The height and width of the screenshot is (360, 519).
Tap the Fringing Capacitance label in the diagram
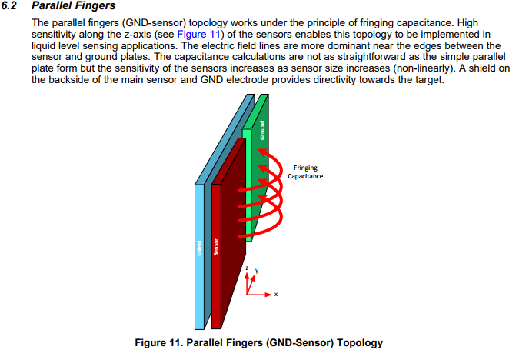[305, 172]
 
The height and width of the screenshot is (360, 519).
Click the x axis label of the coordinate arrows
[275, 295]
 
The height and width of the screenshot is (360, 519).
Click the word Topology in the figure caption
[358, 343]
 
